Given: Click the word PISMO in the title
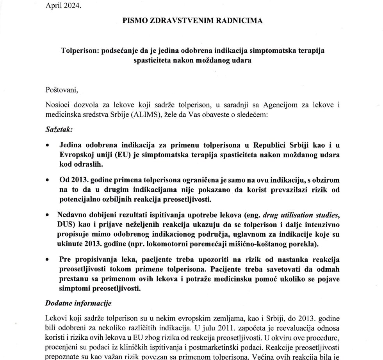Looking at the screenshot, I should [x=134, y=20].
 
